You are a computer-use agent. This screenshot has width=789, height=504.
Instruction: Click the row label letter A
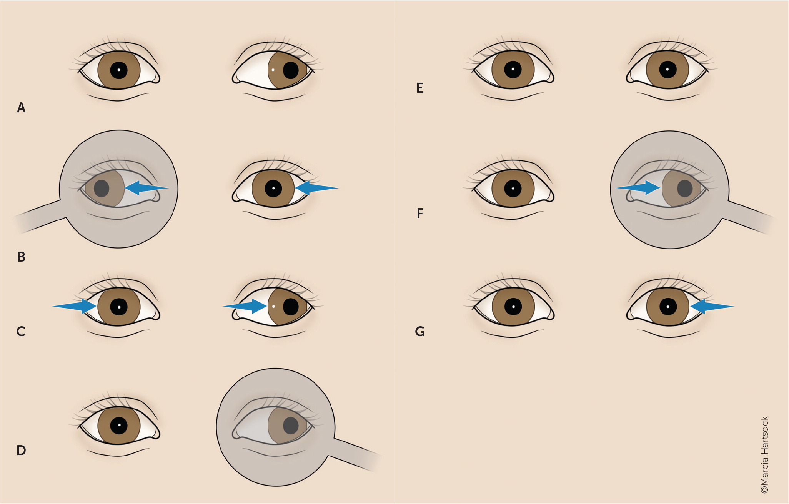[21, 108]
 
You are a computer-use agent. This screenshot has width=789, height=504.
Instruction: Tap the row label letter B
[21, 257]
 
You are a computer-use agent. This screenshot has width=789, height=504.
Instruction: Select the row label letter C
[21, 331]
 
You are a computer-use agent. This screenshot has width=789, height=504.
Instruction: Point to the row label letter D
[21, 450]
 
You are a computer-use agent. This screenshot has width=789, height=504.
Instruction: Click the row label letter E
[420, 88]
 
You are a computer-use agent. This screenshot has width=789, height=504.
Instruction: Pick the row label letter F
[420, 213]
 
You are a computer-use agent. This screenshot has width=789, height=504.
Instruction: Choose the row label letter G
[420, 331]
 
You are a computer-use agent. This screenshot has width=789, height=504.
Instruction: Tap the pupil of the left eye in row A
[119, 70]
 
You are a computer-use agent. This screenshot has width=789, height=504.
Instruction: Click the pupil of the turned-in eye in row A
[291, 70]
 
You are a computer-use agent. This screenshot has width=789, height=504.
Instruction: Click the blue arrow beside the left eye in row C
[75, 306]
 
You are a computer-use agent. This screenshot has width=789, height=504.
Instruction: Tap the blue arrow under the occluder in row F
[638, 188]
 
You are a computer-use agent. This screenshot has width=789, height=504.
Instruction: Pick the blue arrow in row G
[712, 307]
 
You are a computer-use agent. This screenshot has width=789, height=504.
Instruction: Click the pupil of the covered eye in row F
[685, 189]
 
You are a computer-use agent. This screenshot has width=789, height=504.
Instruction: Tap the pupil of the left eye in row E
[513, 70]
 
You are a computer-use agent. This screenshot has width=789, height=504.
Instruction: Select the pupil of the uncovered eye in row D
[119, 426]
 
